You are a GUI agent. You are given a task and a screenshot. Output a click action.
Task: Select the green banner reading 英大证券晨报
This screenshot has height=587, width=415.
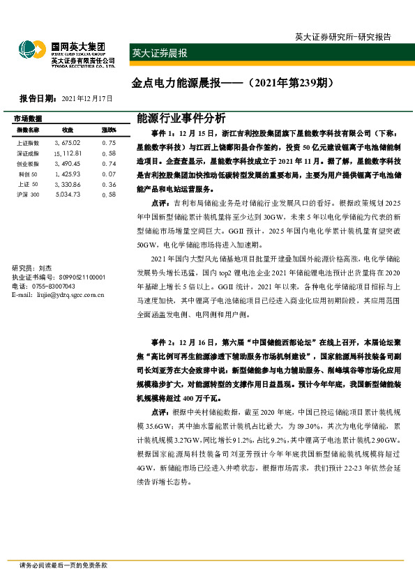pyautogui.click(x=160, y=52)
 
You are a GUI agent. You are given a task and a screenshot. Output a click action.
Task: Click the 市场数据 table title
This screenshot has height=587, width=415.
pyautogui.click(x=28, y=119)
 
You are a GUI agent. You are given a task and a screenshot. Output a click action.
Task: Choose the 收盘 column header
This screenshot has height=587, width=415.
pyautogui.click(x=68, y=130)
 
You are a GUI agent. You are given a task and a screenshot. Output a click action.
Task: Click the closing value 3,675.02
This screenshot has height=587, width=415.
pyautogui.click(x=68, y=142)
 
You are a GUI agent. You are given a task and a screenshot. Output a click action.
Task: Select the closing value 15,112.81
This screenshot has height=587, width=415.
pyautogui.click(x=68, y=153)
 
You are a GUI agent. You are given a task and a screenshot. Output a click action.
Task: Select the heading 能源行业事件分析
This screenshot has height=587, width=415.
pyautogui.click(x=177, y=118)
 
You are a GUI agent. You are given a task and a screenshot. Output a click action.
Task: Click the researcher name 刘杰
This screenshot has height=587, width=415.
pyautogui.click(x=45, y=268)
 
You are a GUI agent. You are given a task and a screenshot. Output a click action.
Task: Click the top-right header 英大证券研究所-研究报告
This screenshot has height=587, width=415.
pyautogui.click(x=342, y=36)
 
